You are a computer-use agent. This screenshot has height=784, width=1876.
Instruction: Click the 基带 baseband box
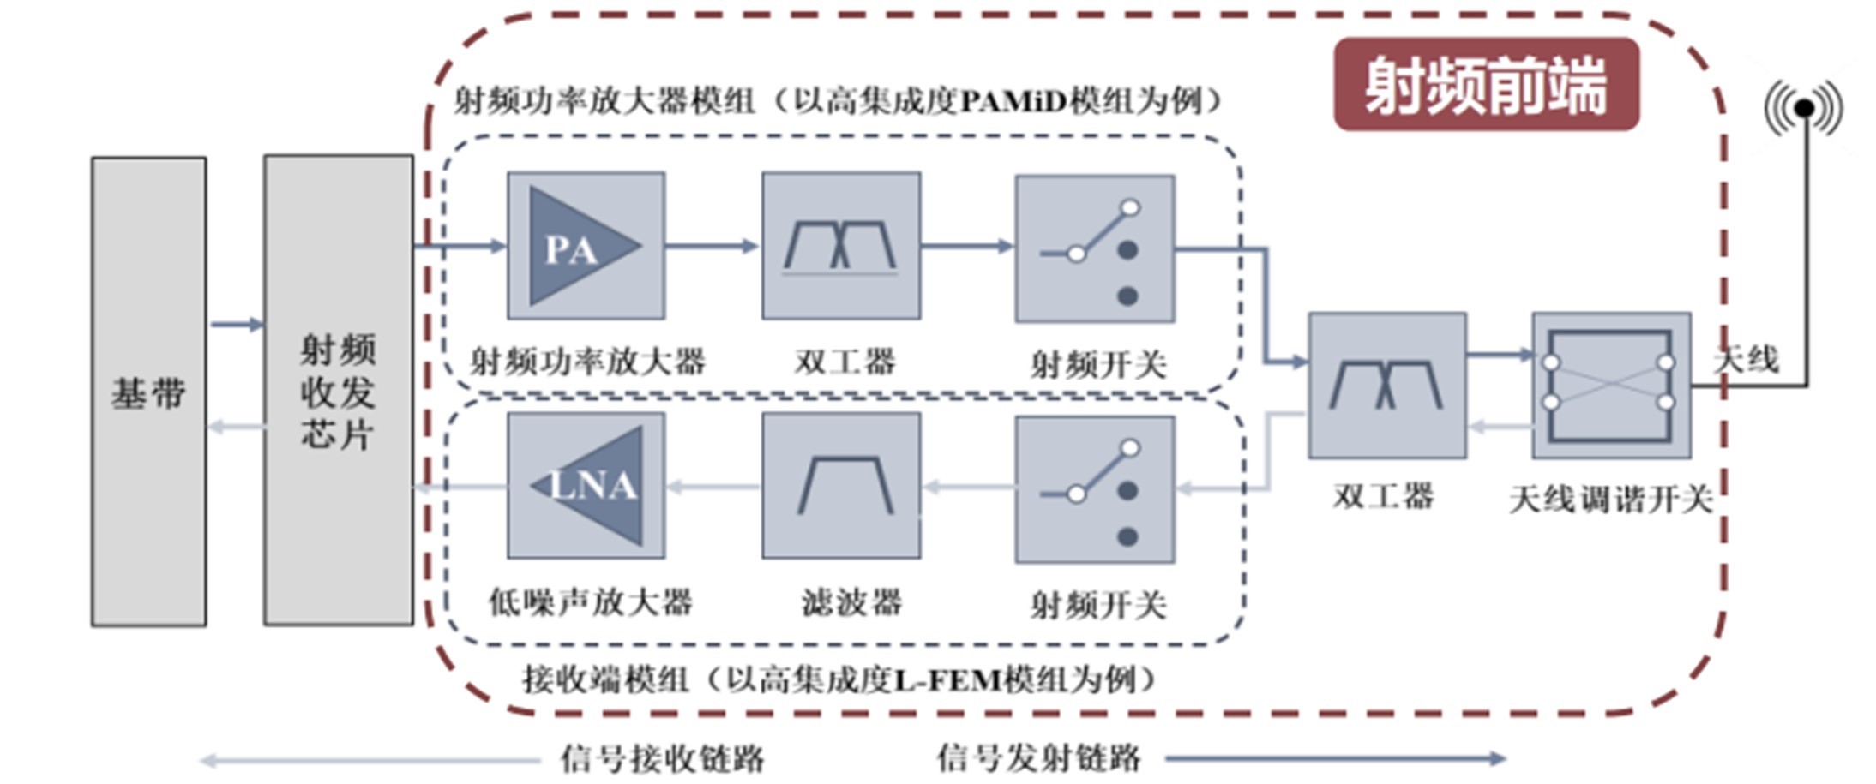pos(148,392)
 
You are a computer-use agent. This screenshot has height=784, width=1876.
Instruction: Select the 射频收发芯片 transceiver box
pos(338,390)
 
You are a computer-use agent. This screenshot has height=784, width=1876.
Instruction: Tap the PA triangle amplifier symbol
pos(579,247)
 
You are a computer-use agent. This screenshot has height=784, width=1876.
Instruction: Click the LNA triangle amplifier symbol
pos(592,486)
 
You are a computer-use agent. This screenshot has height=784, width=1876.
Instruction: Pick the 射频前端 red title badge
pos(1486,84)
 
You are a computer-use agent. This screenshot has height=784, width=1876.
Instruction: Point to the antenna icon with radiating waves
pos(1804,108)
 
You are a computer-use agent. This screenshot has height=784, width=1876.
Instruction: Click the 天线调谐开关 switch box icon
pos(1611,386)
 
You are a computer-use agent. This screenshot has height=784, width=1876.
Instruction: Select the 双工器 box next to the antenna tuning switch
pos(1386,386)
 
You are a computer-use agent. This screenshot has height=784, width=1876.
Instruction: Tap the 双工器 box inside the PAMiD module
pos(841,246)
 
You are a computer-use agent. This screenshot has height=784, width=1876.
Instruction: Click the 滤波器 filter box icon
pos(841,486)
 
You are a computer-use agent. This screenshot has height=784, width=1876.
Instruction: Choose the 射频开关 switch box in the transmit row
pos(1095,248)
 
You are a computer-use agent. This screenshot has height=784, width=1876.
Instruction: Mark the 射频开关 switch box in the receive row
pos(1095,489)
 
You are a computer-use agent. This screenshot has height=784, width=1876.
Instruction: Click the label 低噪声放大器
pos(591,602)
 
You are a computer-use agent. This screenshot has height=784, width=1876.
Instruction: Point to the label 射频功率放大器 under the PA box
pos(587,362)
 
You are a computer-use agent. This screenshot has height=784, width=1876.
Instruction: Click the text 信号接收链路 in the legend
pos(662,758)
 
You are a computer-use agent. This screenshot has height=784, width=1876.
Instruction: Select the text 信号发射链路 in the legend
pos(1038,758)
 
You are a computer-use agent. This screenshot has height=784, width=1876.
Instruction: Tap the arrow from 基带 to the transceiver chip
pos(236,325)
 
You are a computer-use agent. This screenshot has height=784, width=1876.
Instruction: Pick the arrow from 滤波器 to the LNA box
pos(713,487)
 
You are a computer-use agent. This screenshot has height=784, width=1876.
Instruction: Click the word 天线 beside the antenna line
pos(1746,359)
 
